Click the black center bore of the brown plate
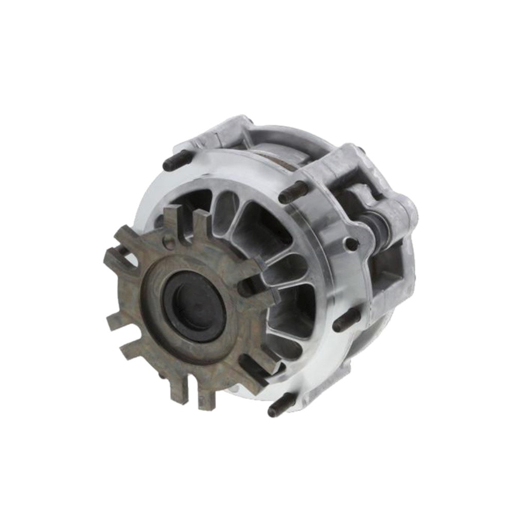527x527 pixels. (194, 307)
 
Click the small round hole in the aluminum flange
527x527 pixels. (352, 243)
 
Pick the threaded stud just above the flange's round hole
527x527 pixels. (294, 192)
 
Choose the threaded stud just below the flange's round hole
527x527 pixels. (346, 321)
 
